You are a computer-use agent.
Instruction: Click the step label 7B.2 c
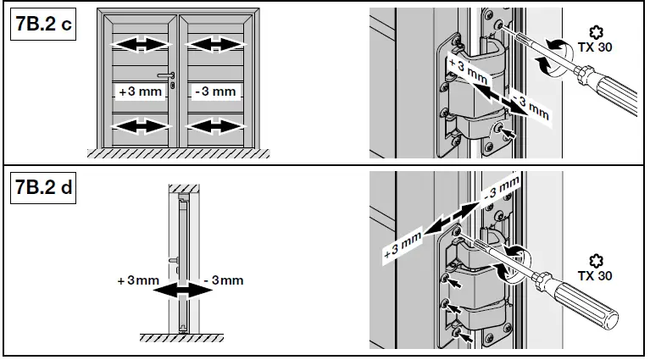(x=42, y=26)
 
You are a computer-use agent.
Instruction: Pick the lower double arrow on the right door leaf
(x=214, y=127)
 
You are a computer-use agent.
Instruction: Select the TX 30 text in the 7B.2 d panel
(x=597, y=275)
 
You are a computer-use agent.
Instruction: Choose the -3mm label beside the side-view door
(x=224, y=279)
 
